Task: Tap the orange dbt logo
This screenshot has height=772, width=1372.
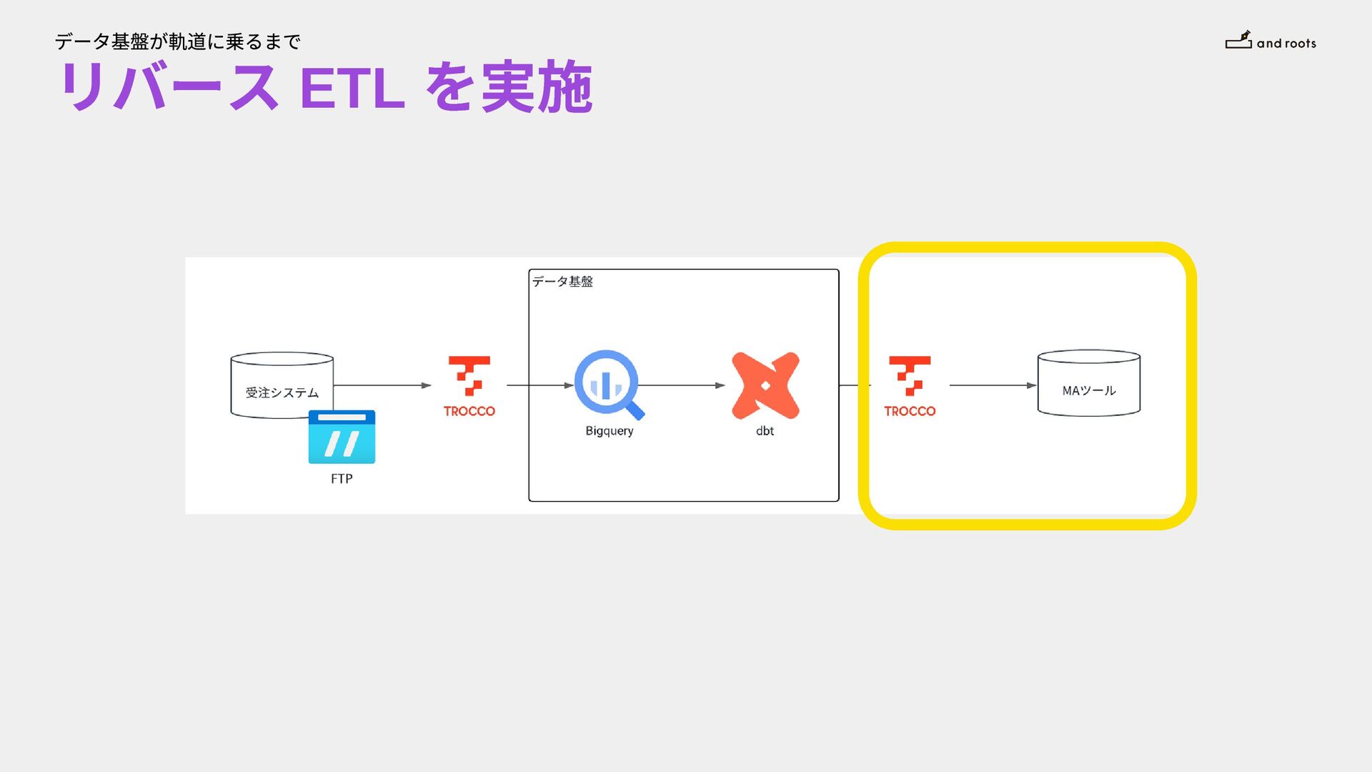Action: [765, 385]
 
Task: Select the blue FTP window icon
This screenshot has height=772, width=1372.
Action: [342, 437]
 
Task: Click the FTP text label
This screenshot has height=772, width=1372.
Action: [342, 479]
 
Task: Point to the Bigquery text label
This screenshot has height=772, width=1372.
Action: [609, 431]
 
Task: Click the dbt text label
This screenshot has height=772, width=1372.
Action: [765, 431]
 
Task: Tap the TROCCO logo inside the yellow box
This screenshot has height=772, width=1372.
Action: [910, 386]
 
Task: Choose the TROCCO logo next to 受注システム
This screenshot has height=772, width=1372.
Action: [469, 386]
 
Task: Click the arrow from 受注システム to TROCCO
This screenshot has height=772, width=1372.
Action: [382, 385]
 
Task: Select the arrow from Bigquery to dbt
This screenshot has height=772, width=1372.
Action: [681, 385]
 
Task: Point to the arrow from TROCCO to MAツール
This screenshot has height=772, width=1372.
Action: [993, 385]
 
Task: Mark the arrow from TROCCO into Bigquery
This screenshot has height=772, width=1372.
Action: [540, 385]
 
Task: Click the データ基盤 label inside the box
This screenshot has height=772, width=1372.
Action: [562, 282]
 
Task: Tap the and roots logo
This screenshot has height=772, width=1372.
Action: [1271, 41]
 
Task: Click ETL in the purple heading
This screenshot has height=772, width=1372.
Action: [352, 89]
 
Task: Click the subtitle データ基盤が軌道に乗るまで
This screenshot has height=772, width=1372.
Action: [177, 42]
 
